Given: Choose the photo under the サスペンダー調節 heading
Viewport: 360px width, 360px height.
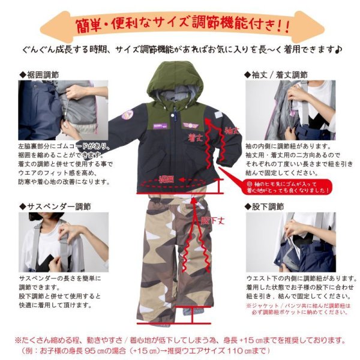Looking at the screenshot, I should point(64,242).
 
